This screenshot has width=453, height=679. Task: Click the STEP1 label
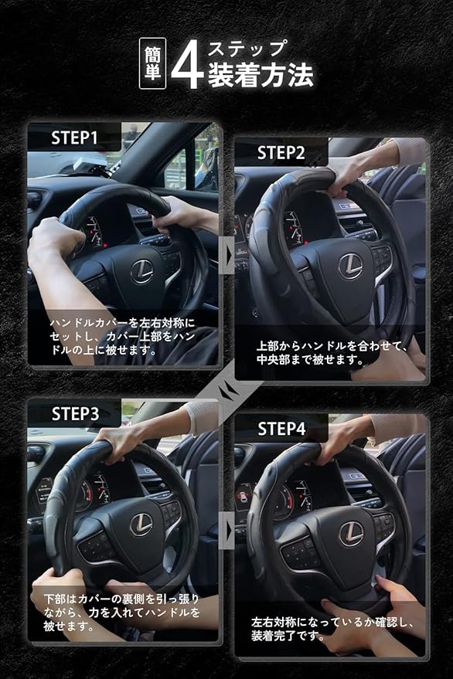coord(74,138)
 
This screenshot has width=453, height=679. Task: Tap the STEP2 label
coord(281,153)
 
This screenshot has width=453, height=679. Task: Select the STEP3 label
coord(76,414)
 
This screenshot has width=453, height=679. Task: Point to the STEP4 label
coord(281,429)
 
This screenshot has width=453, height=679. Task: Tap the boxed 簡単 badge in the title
coord(152,63)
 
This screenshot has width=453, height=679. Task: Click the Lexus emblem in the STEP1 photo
coord(142,271)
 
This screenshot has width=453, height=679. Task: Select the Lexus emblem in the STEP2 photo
coord(350,266)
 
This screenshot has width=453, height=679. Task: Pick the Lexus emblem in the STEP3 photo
coord(141,525)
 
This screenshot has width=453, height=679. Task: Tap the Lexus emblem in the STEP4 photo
coord(351,534)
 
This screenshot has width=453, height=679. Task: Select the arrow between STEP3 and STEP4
coord(229,530)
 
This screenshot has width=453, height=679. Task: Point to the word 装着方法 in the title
coord(261,75)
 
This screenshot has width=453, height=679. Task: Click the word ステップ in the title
coord(247,49)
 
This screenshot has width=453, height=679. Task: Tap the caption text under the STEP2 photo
coord(332,352)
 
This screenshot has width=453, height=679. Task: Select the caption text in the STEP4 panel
coord(332,629)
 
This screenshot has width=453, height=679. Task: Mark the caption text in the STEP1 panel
coord(122,337)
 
